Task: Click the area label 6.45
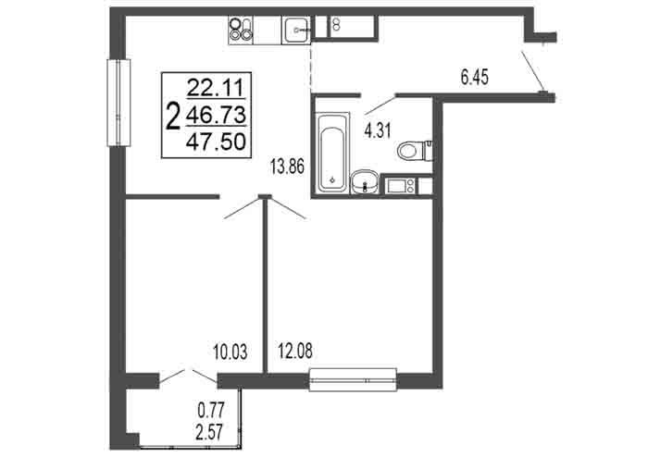[474, 77]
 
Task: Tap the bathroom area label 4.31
[378, 131]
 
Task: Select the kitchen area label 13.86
[287, 167]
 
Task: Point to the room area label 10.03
[231, 352]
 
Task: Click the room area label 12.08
[295, 351]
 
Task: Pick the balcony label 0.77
[211, 411]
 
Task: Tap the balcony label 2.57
[211, 432]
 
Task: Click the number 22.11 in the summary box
[216, 88]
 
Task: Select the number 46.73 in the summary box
[216, 115]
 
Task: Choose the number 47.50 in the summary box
[216, 142]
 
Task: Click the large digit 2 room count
[173, 116]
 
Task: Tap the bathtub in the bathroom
[332, 153]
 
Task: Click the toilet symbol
[415, 151]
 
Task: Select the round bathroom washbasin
[364, 182]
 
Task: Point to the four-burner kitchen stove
[241, 31]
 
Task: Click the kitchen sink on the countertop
[296, 30]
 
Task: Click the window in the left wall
[118, 103]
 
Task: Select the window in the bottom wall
[354, 380]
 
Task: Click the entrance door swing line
[532, 70]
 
